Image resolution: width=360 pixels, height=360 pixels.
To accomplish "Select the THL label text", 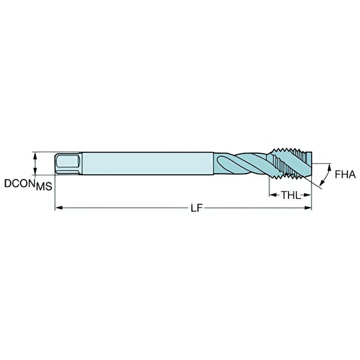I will tap(291, 195).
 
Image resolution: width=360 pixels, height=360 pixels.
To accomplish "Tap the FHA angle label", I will tap(346, 175).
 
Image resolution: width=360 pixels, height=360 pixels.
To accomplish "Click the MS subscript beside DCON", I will tap(44, 186).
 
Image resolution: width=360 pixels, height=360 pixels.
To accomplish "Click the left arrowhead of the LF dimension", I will tap(58, 208).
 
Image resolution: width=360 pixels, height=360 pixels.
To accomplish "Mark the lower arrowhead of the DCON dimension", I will tap(35, 172).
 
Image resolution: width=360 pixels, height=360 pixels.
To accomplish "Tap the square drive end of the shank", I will tap(67, 163).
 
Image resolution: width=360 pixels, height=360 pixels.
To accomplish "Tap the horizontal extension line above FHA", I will tap(322, 162).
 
